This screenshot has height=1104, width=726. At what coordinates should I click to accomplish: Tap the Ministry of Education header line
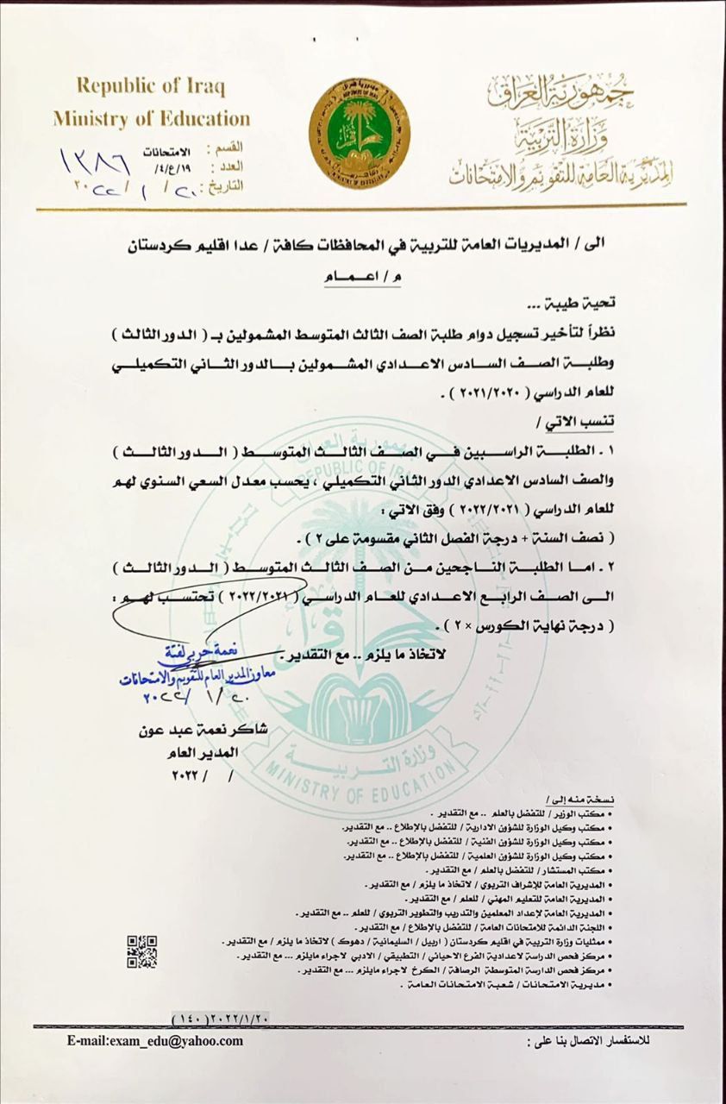point(152,118)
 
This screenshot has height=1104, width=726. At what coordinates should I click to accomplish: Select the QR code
point(142,951)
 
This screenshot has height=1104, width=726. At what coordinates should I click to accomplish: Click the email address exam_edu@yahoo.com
point(155,1041)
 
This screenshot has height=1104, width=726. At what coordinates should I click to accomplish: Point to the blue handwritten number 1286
point(95,160)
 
